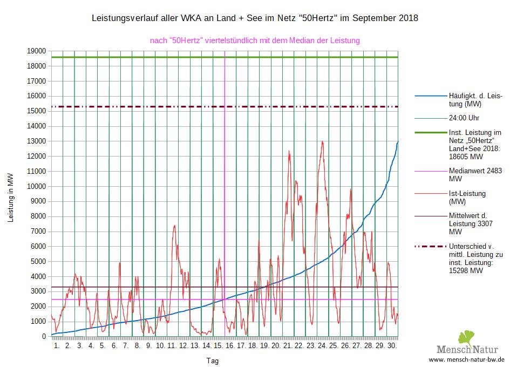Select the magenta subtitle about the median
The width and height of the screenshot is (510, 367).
[255, 40]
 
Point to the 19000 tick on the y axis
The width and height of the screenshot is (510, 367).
[37, 51]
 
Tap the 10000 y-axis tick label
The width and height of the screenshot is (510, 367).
[37, 186]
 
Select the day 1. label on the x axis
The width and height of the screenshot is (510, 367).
[57, 345]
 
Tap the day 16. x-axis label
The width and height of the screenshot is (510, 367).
[229, 345]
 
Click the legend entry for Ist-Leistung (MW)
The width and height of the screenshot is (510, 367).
[467, 198]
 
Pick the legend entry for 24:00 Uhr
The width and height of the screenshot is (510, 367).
[464, 118]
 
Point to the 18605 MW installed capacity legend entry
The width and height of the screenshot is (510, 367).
[475, 145]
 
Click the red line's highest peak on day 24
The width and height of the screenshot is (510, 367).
[322, 141]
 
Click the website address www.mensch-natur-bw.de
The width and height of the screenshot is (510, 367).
[467, 359]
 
